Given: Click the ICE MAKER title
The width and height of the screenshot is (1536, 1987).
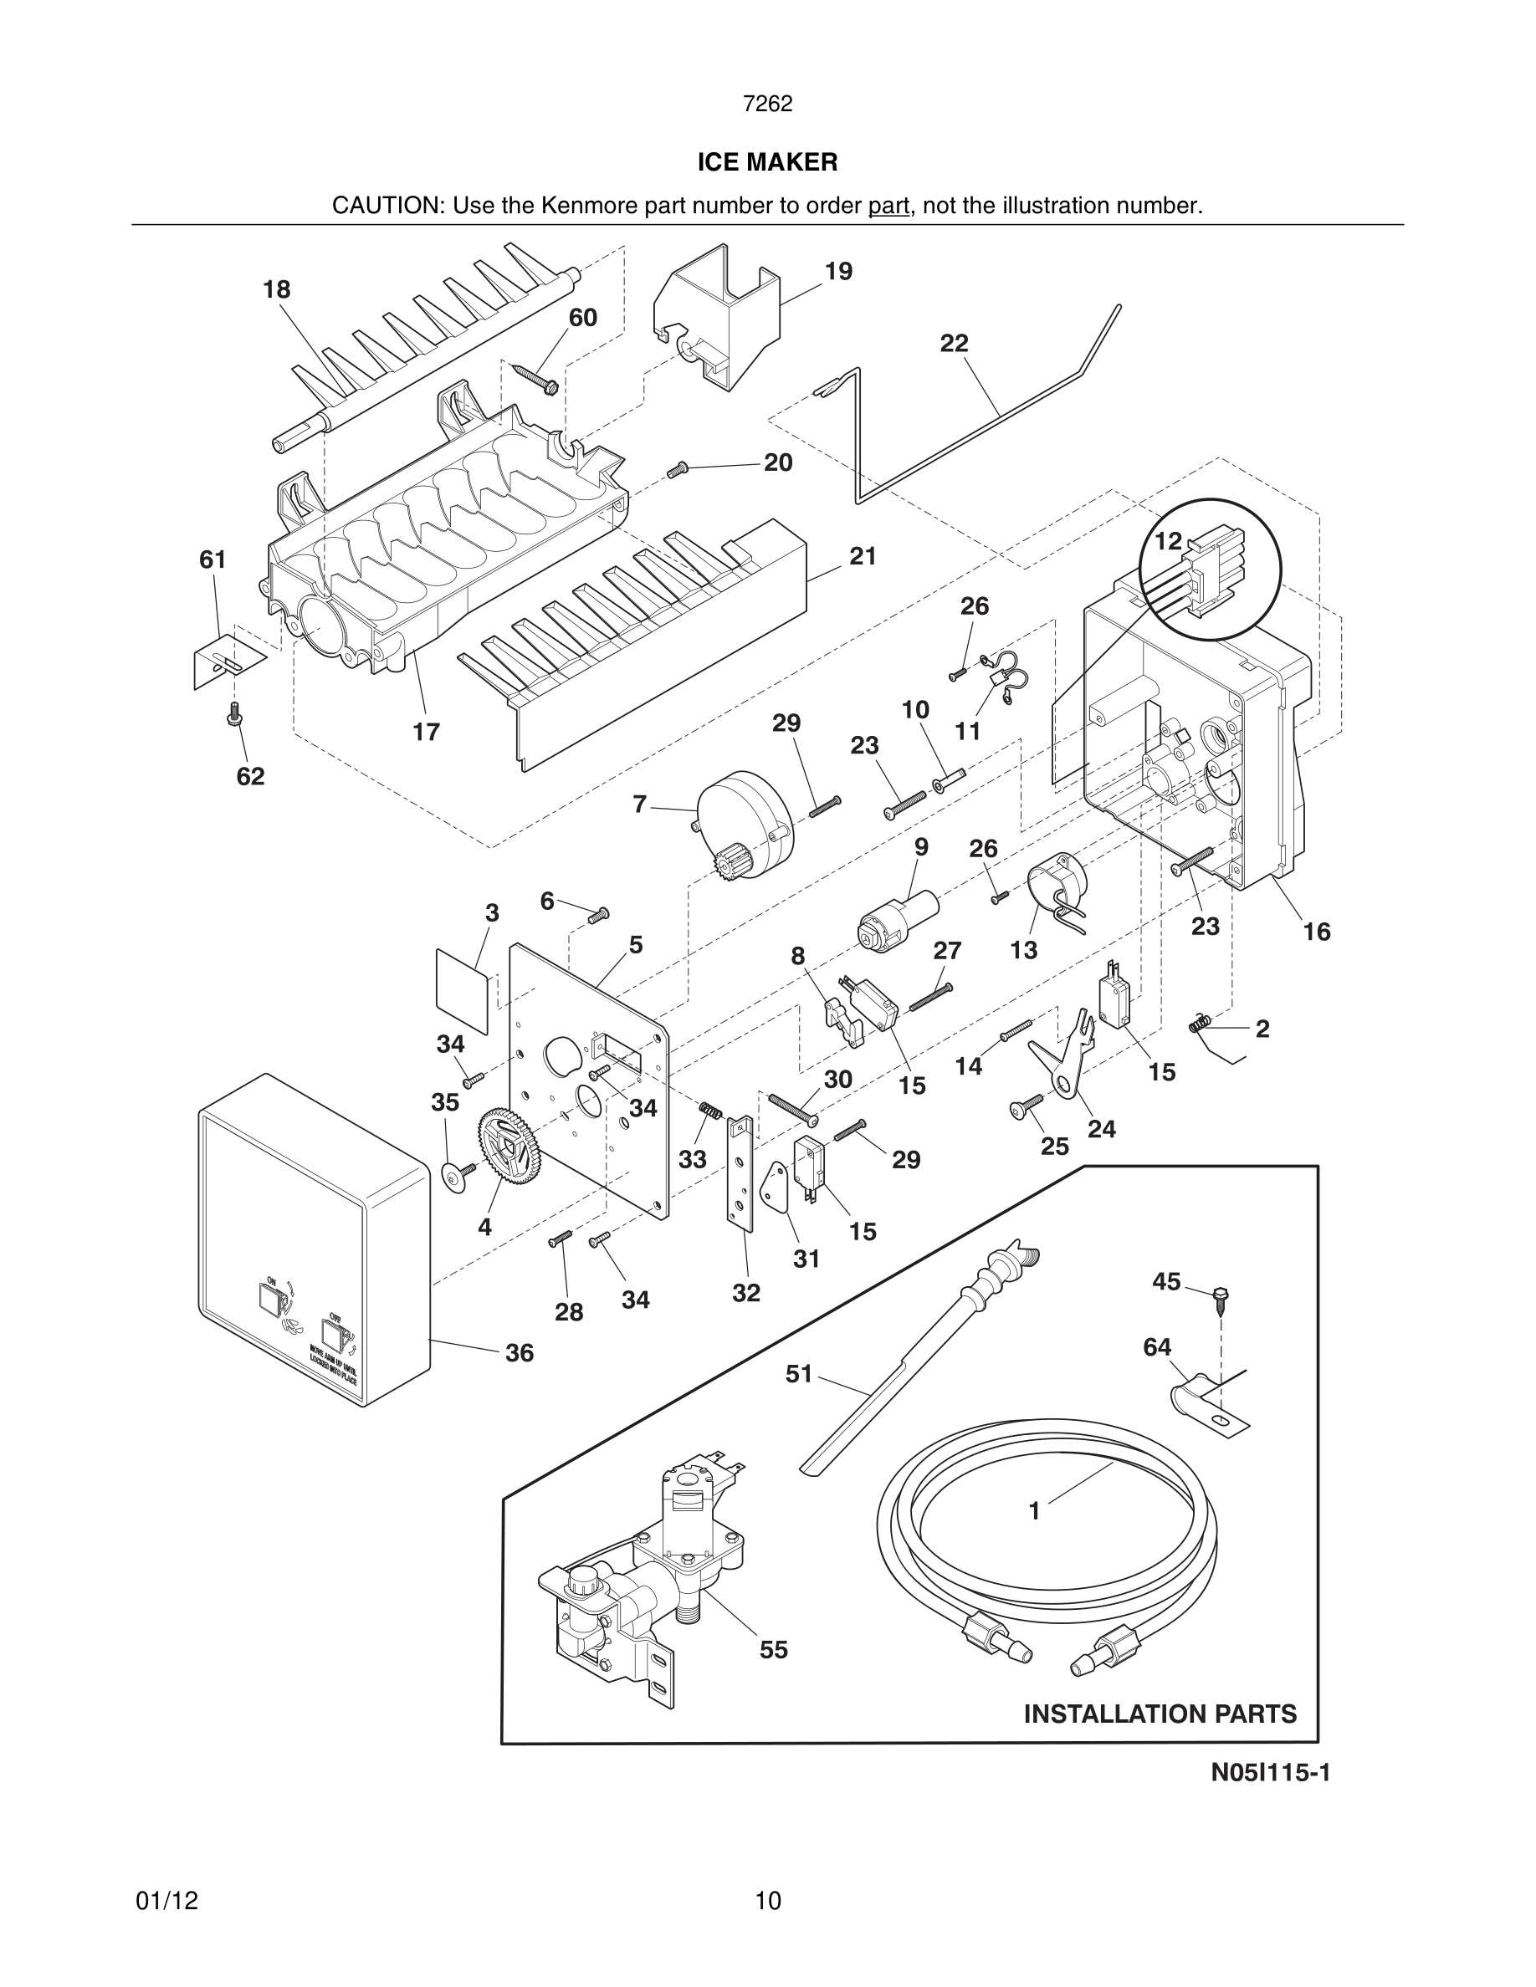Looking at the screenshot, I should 767,162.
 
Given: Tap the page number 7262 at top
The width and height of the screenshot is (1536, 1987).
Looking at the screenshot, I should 767,104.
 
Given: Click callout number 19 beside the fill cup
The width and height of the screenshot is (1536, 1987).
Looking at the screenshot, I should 838,271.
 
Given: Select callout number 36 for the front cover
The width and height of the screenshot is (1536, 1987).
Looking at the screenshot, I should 520,1353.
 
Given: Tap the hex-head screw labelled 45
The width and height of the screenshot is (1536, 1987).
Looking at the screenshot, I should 1222,1297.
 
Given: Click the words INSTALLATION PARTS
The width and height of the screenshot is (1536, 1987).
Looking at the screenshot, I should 1160,1714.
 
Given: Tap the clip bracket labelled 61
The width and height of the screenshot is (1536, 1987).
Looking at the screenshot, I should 223,660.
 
